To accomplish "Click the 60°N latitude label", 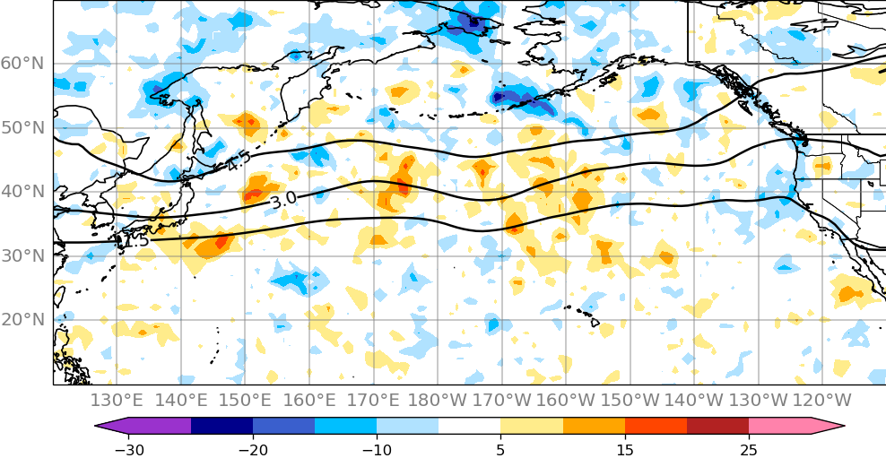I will click(x=22, y=64).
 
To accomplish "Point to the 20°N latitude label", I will click(x=22, y=320).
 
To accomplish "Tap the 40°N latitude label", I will click(x=22, y=192).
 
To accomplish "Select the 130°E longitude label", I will click(x=117, y=400).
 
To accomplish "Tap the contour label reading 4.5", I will click(x=238, y=162).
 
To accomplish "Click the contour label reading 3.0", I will click(x=283, y=201).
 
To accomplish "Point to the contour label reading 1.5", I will click(x=135, y=241).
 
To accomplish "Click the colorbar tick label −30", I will click(x=129, y=449).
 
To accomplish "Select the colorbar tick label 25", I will click(x=749, y=449).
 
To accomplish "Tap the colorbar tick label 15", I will click(x=625, y=449).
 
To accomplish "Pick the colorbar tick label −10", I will click(x=377, y=449).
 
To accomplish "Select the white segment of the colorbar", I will click(x=469, y=426).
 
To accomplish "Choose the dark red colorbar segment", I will click(x=717, y=426).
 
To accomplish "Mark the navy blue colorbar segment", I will click(x=221, y=426).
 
